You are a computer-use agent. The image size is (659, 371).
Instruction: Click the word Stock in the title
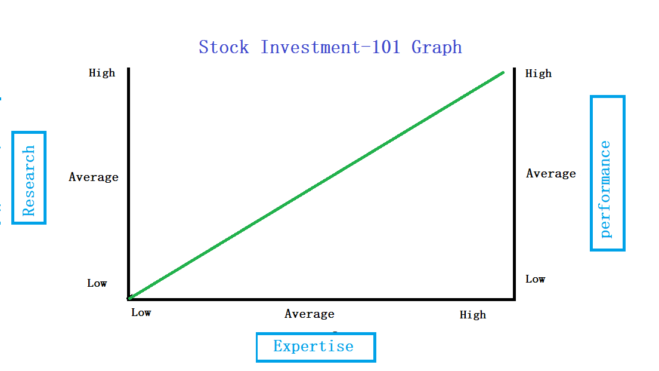coord(224,47)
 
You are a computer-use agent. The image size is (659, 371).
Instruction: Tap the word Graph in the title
coord(437,48)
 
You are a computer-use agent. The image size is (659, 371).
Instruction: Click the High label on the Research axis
coord(102,73)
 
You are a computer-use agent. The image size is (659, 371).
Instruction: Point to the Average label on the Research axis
coord(94,177)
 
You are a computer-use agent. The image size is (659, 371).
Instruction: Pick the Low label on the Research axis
coord(97,283)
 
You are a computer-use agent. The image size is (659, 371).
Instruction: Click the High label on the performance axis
coord(539,73)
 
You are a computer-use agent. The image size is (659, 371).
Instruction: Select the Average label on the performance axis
coord(551,174)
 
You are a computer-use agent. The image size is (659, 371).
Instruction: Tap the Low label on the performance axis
coord(536,279)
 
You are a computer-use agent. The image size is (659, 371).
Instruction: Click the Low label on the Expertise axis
coord(141,312)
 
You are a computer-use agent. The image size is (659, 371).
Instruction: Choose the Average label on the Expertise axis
coord(310,314)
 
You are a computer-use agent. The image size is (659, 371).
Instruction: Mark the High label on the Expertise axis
coord(473,315)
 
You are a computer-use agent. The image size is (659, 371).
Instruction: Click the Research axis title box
coord(29,178)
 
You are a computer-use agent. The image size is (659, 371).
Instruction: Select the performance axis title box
coord(607,173)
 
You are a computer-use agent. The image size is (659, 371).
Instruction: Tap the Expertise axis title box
coord(315,347)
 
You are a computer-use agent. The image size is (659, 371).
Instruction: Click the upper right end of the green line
coord(503,72)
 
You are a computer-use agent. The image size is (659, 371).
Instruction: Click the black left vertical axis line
coord(129,179)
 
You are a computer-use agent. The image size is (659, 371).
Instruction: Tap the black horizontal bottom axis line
coord(322,298)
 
